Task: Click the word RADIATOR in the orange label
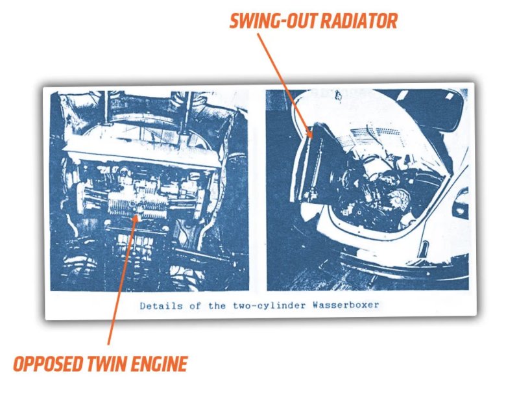click(359, 21)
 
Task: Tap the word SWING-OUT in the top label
click(274, 21)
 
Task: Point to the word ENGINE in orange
click(160, 364)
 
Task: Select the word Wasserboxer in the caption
click(346, 305)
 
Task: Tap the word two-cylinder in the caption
click(269, 306)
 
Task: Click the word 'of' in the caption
click(195, 306)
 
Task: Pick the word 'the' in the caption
click(217, 306)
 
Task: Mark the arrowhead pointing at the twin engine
click(136, 217)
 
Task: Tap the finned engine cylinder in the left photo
click(138, 205)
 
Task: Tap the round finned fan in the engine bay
click(398, 200)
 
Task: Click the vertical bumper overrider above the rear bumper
click(424, 249)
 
